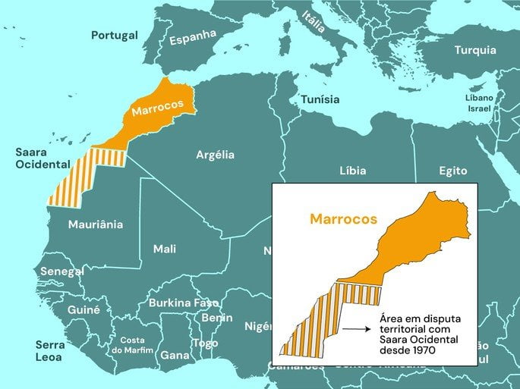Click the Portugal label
coord(115,35)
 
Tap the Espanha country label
coord(193,37)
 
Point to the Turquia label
coord(475,50)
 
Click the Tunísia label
coord(320,99)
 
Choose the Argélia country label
coord(215,155)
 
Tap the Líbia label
coord(352,171)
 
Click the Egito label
coord(452,171)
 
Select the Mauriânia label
coord(95,224)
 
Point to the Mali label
coord(165,249)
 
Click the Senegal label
coord(61,271)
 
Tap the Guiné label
coord(84,309)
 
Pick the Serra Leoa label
coord(50,350)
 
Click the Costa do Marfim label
coord(132,345)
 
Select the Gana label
coord(175,355)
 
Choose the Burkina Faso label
coord(183,303)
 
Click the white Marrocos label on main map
coord(158,108)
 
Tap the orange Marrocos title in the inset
coord(343,219)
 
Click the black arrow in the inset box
coord(355,329)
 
